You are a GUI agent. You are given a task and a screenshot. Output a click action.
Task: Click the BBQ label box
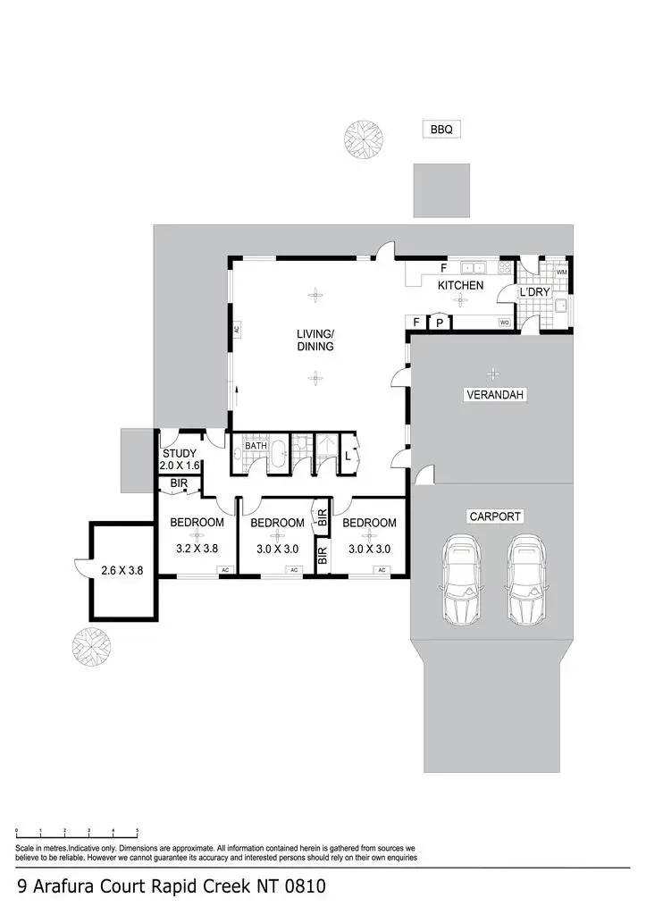click(441, 130)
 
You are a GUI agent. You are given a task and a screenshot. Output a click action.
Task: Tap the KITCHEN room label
click(460, 285)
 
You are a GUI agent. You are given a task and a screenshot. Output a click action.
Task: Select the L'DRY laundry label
click(534, 292)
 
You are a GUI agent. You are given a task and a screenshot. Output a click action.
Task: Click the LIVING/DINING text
click(315, 340)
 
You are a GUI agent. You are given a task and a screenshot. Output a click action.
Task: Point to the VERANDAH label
click(493, 394)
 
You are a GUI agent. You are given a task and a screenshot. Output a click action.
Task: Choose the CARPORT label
click(494, 516)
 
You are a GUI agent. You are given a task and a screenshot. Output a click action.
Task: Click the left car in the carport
click(461, 580)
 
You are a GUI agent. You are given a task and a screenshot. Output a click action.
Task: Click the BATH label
click(256, 445)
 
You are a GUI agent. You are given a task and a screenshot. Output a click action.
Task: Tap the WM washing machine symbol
click(562, 272)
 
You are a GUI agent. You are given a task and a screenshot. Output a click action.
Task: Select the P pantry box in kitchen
click(440, 323)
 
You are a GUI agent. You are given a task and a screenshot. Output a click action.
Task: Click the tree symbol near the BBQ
click(363, 139)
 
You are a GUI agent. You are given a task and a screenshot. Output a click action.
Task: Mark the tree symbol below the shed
click(91, 646)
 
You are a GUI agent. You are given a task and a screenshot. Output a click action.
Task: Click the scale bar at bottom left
click(77, 832)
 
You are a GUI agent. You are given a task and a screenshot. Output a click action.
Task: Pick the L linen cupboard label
click(348, 456)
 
